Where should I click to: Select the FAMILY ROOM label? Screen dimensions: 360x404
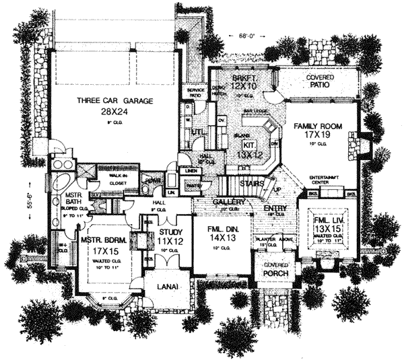point(318,126)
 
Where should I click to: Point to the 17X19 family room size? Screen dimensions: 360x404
point(318,136)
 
